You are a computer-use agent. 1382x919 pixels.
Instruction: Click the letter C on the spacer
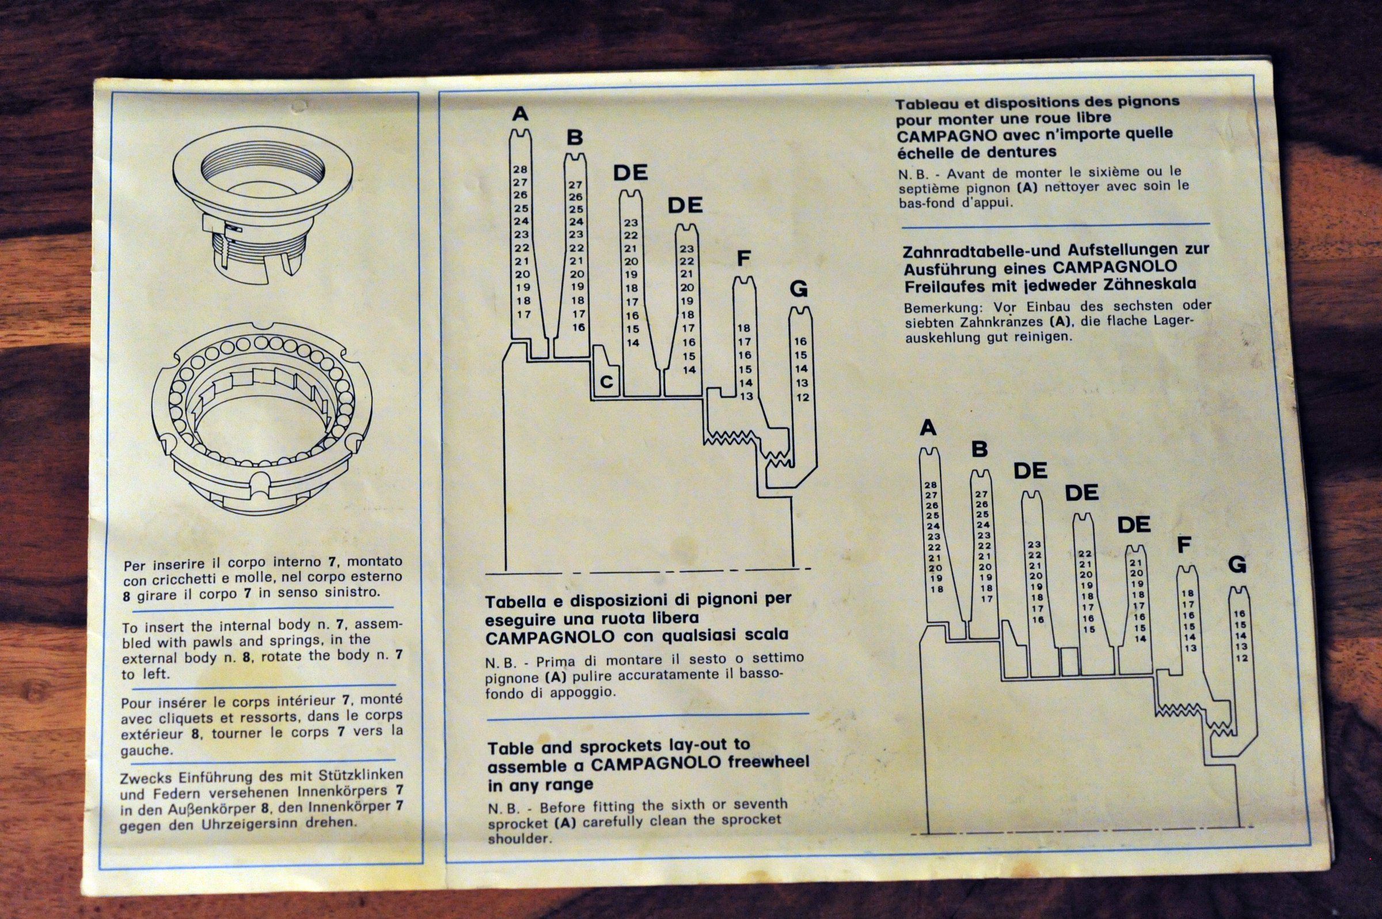(x=606, y=382)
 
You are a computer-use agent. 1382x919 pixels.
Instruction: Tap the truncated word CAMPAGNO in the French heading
(x=939, y=135)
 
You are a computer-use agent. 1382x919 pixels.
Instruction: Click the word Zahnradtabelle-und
(x=978, y=250)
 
